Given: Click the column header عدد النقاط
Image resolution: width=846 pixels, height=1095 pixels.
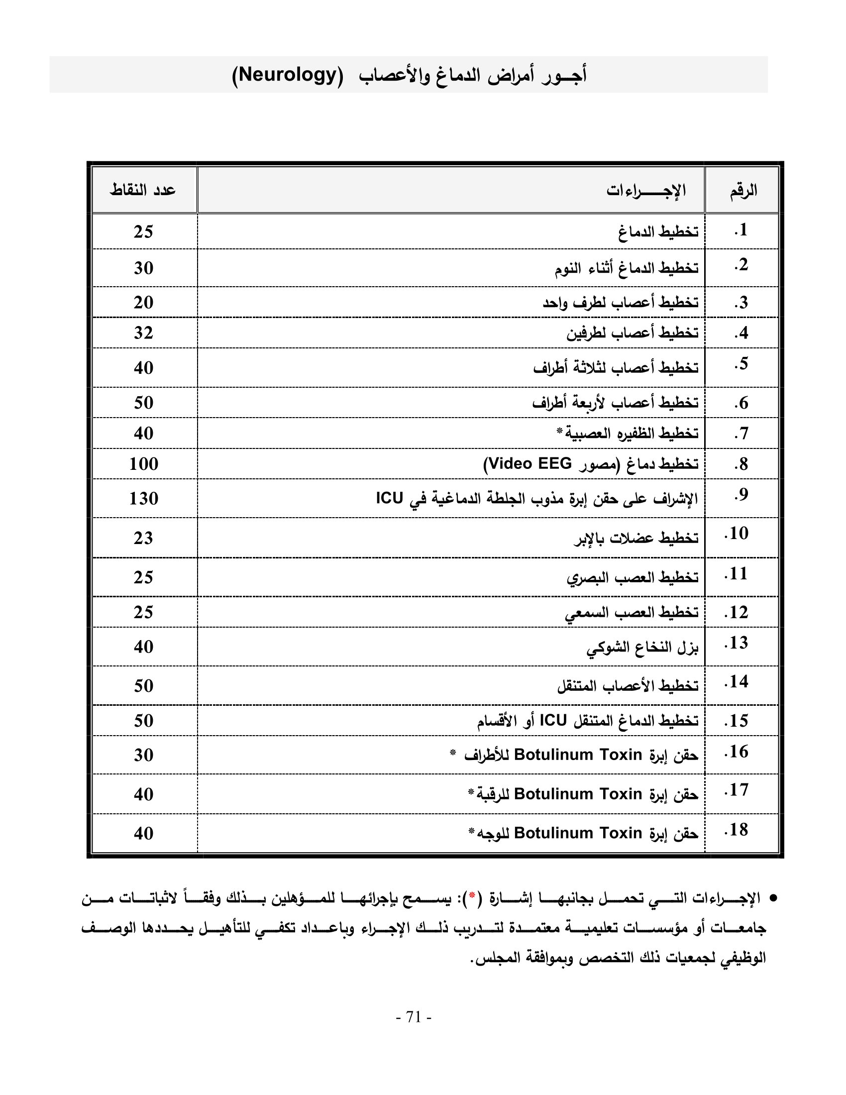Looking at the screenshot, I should point(143,190).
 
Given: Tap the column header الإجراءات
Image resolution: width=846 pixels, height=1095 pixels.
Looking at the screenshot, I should point(645,191).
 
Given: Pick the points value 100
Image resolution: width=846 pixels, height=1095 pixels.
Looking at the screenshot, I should point(143,464).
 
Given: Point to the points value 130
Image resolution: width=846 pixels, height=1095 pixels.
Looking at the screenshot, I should point(143,498).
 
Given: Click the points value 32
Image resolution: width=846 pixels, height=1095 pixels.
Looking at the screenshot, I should point(143,333).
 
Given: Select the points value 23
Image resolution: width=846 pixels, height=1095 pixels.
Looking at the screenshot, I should point(143,538).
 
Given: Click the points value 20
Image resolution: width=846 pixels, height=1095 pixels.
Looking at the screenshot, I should point(143,302).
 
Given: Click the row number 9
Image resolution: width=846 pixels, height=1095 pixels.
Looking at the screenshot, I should point(741,495).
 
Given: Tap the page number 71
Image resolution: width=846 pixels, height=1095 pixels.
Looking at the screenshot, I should point(414,1017).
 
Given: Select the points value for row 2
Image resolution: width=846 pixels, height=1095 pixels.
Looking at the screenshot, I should point(143,268).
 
